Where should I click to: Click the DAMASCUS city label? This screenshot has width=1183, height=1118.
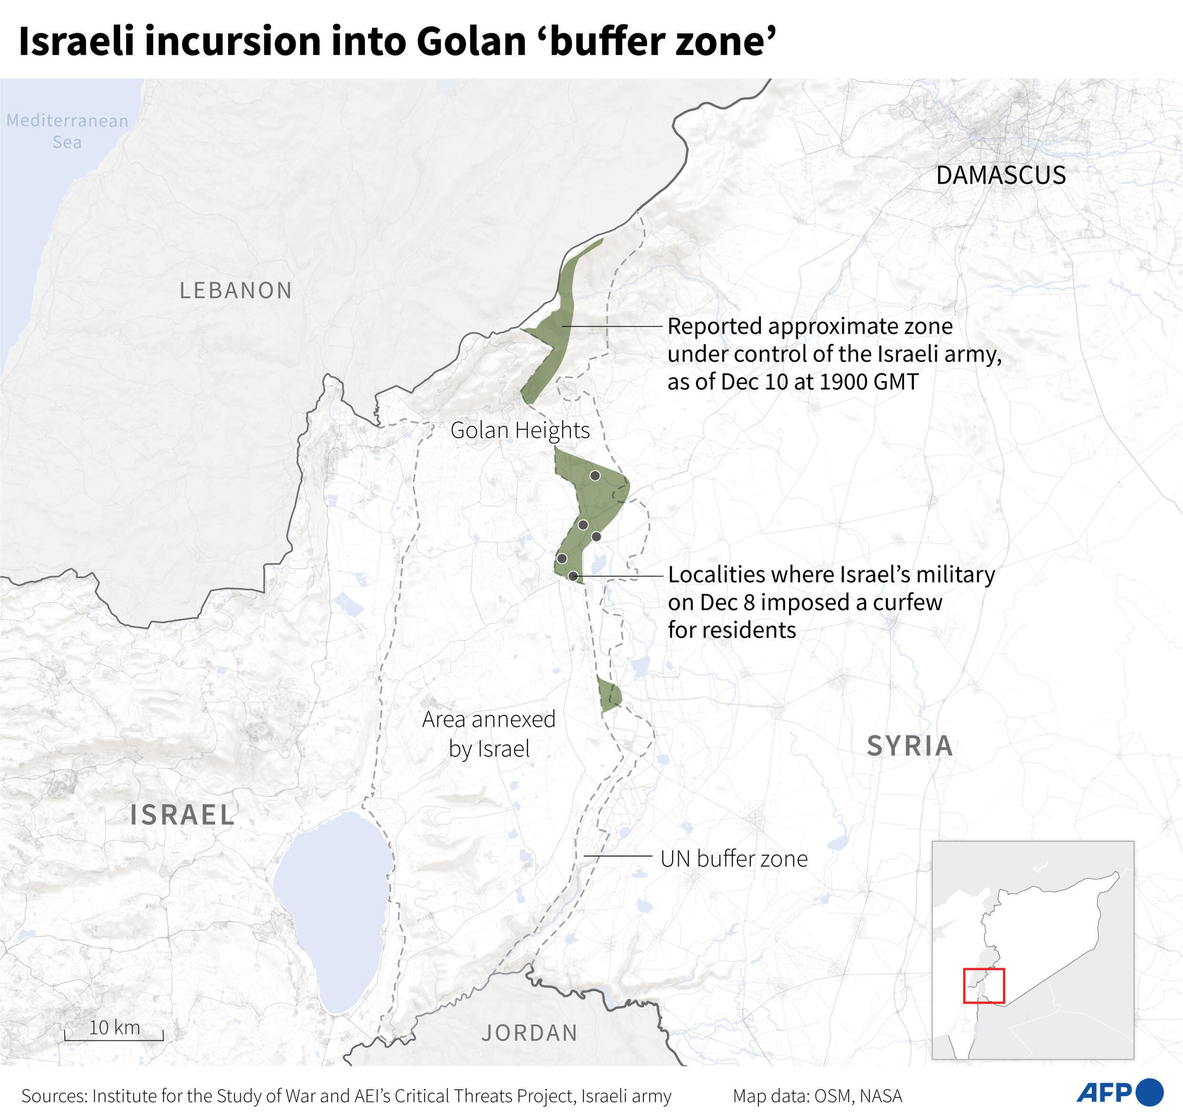1001,175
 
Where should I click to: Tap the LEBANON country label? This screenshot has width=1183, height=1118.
236,290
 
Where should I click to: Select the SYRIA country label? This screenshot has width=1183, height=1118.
910,745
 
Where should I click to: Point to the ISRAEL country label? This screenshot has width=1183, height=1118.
182,815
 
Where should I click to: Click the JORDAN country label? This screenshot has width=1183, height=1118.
529,1033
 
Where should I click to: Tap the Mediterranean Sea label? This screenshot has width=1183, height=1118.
67,131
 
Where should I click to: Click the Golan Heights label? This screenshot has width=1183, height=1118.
519,430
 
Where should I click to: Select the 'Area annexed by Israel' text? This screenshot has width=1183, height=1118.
488,734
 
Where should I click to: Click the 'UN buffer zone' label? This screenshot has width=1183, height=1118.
734,859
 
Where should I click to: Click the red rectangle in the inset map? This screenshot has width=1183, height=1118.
983,986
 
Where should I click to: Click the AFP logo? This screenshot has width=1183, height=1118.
1119,1092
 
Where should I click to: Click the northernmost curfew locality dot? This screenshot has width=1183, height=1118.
595,476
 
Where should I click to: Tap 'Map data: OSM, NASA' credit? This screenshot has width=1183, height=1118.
817,1096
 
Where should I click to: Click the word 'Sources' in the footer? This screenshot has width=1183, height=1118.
53,1096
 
